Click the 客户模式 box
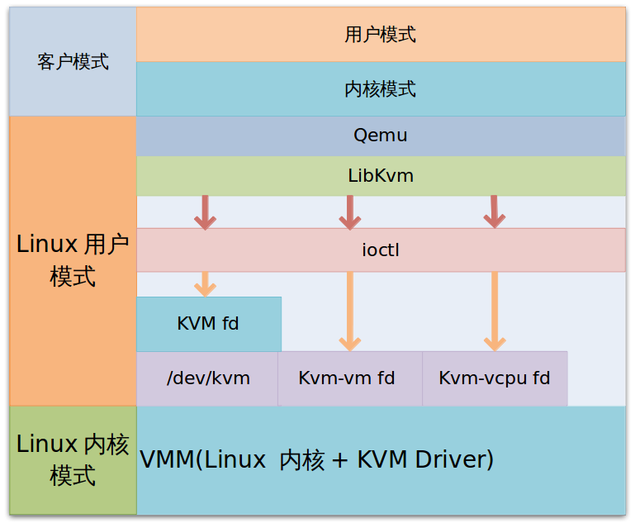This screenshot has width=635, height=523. pyautogui.click(x=73, y=62)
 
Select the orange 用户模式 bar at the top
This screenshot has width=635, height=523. pyautogui.click(x=381, y=35)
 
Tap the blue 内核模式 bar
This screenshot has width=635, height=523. pyautogui.click(x=381, y=89)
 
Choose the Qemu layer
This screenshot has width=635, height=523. pyautogui.click(x=381, y=136)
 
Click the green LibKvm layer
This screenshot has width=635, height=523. pyautogui.click(x=381, y=176)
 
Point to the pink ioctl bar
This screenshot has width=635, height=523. pyautogui.click(x=381, y=250)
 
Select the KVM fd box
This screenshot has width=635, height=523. pyautogui.click(x=208, y=324)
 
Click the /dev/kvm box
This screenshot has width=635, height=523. pyautogui.click(x=208, y=378)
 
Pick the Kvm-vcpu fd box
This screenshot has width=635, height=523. pyautogui.click(x=495, y=378)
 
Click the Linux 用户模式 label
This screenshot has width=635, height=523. pyautogui.click(x=73, y=259)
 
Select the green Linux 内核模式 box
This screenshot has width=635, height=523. pyautogui.click(x=73, y=459)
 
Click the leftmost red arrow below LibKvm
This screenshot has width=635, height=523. pyautogui.click(x=205, y=212)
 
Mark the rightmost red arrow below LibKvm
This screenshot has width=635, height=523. pyautogui.click(x=494, y=212)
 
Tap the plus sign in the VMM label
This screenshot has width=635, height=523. pyautogui.click(x=339, y=460)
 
